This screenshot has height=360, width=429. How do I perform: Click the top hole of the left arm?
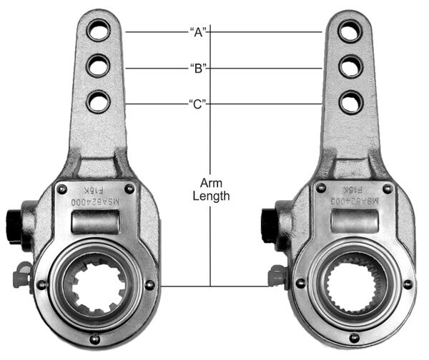[x=97, y=32]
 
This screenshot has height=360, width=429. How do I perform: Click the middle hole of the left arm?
[x=97, y=67]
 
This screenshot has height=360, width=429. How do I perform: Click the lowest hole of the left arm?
[x=97, y=103]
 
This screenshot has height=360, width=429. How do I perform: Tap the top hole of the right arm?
[x=350, y=32]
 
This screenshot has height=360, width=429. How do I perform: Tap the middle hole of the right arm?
[x=350, y=68]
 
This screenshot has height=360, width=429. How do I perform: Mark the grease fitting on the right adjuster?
[x=275, y=271]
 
